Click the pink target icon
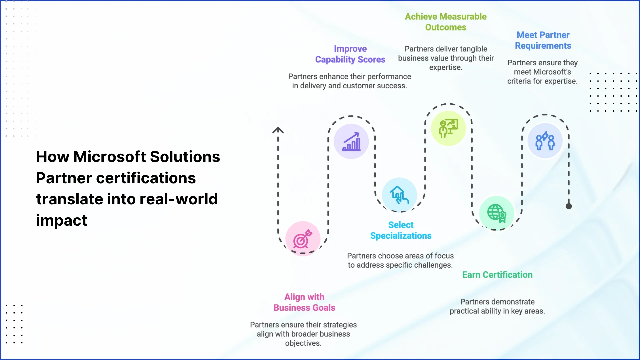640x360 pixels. click(x=302, y=239)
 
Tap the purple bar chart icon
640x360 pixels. click(x=351, y=141)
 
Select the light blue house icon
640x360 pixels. click(x=399, y=195)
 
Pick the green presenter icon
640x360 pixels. click(x=448, y=128)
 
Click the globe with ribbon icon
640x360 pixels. click(x=497, y=213)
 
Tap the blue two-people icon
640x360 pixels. click(x=545, y=141)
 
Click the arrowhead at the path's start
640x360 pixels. click(x=278, y=130)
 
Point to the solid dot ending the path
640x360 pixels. click(x=569, y=206)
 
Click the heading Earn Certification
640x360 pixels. click(x=497, y=275)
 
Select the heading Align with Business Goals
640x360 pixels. click(x=304, y=302)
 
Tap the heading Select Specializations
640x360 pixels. click(x=401, y=230)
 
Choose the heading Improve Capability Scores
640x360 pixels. click(x=350, y=54)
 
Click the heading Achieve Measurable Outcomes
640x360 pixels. click(x=446, y=22)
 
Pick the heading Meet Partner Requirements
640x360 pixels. click(x=543, y=40)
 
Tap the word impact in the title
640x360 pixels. click(x=62, y=220)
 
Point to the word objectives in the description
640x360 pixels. click(x=303, y=343)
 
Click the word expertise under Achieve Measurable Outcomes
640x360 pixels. click(x=446, y=68)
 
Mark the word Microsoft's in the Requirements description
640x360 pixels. click(x=542, y=72)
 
